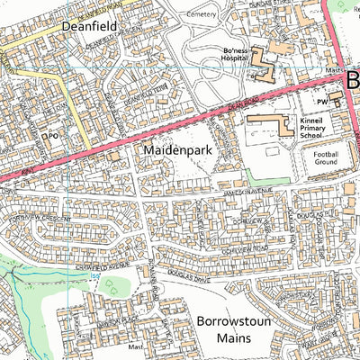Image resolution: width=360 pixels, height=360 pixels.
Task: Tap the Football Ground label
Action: (325, 159)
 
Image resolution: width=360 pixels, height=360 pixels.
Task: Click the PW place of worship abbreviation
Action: (320, 103)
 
